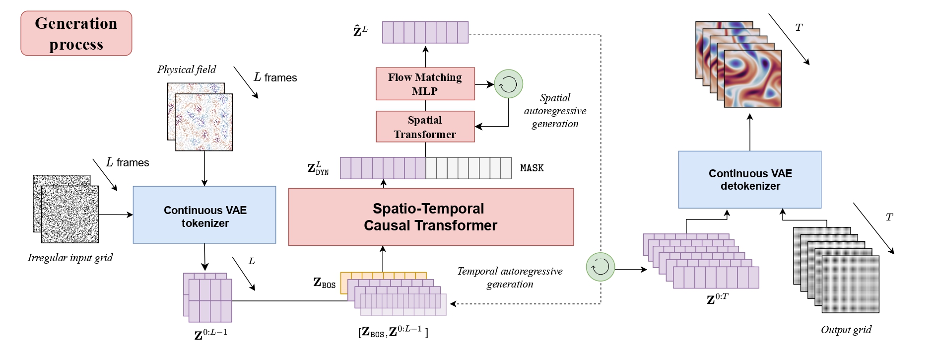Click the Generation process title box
(x=76, y=33)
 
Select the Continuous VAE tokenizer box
(x=204, y=215)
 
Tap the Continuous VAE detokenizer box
(x=749, y=180)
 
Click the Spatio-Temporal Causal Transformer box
(x=430, y=217)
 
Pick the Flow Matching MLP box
(x=425, y=84)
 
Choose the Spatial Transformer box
(x=425, y=127)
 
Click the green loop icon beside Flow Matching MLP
(x=508, y=84)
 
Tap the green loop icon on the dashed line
(x=600, y=267)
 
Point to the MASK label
(x=532, y=168)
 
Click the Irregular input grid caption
(x=70, y=258)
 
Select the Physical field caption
(x=187, y=70)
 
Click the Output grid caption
(x=846, y=330)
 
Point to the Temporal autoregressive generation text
(x=510, y=278)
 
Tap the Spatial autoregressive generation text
(x=555, y=111)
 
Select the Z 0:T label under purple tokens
(x=717, y=299)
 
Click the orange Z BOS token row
(x=383, y=276)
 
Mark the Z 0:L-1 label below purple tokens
(x=210, y=334)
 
